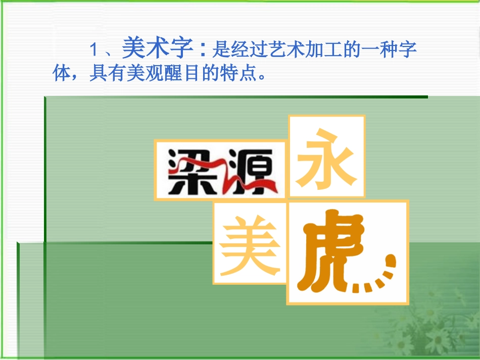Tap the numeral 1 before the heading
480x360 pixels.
click(x=93, y=50)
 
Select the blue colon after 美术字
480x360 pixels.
click(x=204, y=50)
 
